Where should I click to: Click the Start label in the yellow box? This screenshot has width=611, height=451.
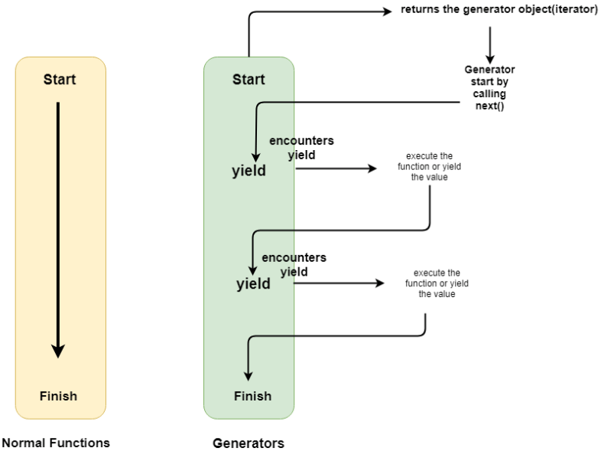tap(60, 80)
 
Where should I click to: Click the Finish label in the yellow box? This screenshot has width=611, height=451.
tap(59, 396)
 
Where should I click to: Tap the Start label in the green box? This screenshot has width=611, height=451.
tap(249, 80)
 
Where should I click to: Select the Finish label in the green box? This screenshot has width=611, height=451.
tap(252, 396)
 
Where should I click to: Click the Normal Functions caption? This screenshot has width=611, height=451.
tap(56, 443)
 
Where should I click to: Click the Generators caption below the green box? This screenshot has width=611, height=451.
tap(249, 443)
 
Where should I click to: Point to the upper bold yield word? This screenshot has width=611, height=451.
tap(249, 171)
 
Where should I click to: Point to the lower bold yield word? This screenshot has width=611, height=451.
tap(253, 284)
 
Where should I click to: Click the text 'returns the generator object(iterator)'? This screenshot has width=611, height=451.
tap(499, 10)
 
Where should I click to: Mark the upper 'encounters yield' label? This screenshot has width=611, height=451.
tap(301, 148)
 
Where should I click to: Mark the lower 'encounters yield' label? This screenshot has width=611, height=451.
tap(294, 264)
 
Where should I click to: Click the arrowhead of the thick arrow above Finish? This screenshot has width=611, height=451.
tap(58, 351)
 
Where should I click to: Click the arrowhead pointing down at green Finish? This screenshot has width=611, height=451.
tap(248, 374)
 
